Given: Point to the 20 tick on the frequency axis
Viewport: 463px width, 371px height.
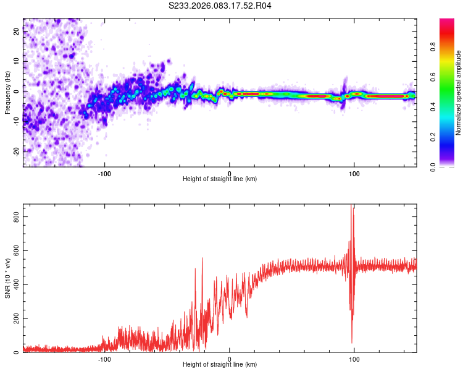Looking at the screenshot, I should [17, 33].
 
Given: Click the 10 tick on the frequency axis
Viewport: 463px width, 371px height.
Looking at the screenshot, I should [17, 62].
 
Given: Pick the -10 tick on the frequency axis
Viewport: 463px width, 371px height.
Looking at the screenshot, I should [15, 121].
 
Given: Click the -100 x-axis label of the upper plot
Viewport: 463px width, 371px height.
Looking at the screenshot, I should [104, 173].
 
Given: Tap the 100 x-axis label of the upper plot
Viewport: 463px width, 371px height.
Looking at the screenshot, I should [354, 173].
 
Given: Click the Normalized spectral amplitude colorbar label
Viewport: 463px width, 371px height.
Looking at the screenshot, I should [459, 93].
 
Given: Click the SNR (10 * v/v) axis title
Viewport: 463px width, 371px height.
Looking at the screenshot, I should [7, 278].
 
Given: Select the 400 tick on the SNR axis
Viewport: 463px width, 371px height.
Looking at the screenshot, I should [14, 284].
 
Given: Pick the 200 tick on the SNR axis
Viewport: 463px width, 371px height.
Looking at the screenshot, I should [14, 318].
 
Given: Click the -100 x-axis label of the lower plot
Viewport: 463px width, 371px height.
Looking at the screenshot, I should [104, 358].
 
